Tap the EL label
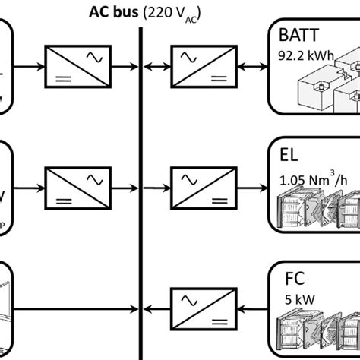tap(288, 156)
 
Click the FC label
tap(288, 278)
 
